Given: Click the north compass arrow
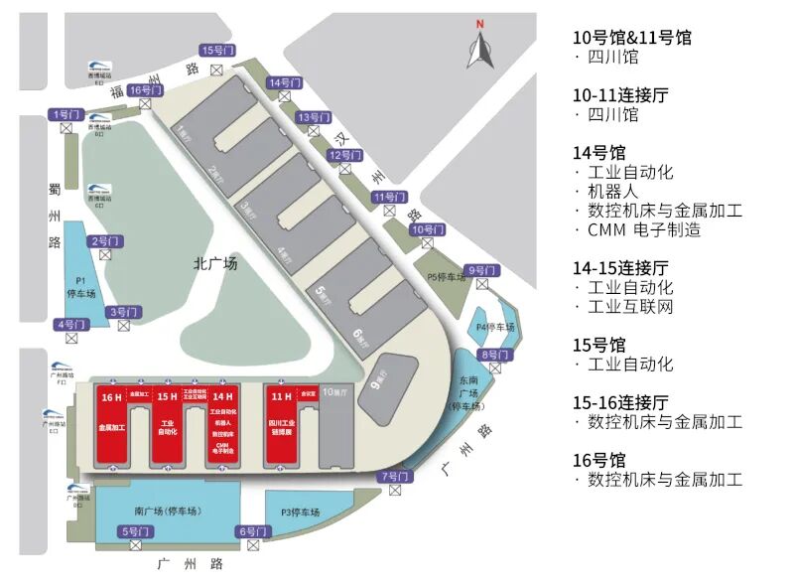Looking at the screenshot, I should point(481,48).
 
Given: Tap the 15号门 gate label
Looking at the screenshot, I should point(216,51).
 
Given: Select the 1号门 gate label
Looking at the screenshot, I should point(67,115).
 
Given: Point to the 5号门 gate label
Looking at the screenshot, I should point(135,531).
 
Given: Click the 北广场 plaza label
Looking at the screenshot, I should point(215,264).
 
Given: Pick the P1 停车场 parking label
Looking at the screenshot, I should point(80,287).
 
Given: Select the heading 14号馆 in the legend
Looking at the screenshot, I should point(599,153).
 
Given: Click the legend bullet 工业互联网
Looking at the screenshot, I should point(631,307).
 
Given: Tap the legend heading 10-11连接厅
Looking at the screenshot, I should point(620,95).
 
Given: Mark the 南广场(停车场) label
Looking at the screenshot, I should point(167,512).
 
